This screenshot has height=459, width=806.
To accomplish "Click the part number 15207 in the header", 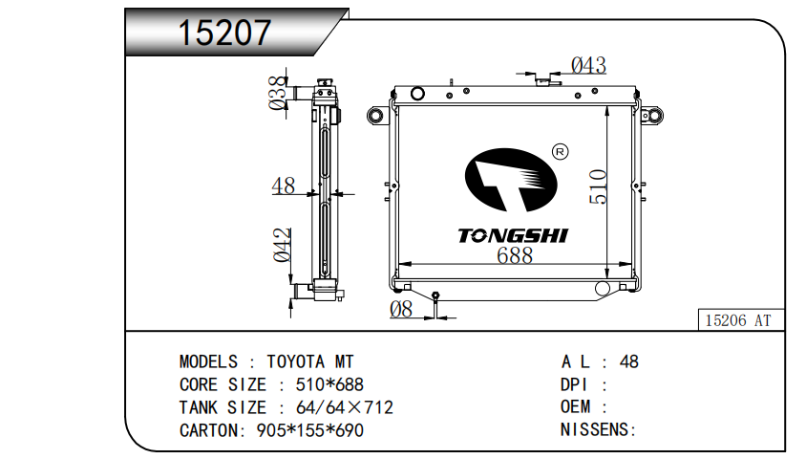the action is [x=224, y=33].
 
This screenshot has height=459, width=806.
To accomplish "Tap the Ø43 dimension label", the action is [x=588, y=65].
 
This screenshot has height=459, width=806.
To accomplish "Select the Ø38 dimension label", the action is [x=278, y=93].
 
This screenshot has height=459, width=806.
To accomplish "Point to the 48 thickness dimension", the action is [x=284, y=186].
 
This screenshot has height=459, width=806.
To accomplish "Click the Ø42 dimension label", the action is [x=283, y=245].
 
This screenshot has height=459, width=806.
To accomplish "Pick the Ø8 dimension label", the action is [x=401, y=309].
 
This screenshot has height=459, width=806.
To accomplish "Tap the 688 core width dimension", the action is [x=515, y=255].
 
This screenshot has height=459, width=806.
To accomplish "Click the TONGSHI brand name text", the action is [x=513, y=235].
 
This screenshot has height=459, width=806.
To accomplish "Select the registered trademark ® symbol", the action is [x=560, y=152].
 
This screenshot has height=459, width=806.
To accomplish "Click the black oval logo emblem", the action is [x=511, y=180].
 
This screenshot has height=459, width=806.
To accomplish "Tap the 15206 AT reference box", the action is [x=741, y=319].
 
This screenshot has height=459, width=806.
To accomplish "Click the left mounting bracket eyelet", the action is [x=377, y=116].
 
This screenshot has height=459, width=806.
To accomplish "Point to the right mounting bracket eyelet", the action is [x=652, y=116].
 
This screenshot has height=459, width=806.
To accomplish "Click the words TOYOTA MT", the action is [x=310, y=361].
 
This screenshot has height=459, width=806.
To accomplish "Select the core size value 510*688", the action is [x=329, y=384].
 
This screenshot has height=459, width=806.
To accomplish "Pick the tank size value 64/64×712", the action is [x=345, y=407].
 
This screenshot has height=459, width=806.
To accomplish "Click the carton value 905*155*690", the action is [x=310, y=430].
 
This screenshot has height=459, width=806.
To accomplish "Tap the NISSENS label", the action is [x=599, y=429].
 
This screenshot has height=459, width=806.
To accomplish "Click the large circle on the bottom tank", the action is [x=603, y=288].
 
